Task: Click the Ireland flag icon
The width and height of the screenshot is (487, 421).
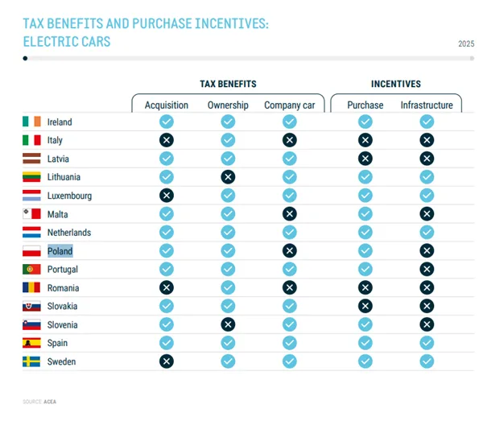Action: (x=31, y=122)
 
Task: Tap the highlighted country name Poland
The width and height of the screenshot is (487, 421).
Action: (x=60, y=251)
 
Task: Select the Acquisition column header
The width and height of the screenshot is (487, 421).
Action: (x=167, y=105)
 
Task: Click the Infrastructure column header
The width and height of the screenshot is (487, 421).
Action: (x=427, y=105)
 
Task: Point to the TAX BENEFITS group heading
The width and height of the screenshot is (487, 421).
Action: (x=229, y=84)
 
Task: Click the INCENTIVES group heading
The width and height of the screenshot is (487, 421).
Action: (x=395, y=84)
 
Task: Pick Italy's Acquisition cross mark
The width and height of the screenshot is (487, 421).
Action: (x=167, y=140)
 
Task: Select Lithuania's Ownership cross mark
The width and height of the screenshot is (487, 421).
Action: (x=228, y=177)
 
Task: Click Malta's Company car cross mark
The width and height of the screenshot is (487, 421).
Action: (x=290, y=213)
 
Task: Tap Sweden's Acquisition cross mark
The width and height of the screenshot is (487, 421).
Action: (x=167, y=361)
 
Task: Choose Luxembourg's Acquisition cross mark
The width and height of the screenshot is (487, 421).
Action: (x=167, y=196)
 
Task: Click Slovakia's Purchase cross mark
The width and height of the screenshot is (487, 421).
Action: (x=365, y=306)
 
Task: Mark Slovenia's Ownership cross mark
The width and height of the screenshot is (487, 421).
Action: (x=228, y=324)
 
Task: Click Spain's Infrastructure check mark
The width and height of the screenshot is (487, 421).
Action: (x=427, y=343)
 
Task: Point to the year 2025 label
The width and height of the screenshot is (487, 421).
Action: (x=466, y=43)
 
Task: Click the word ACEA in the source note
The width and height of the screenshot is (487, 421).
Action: (x=50, y=400)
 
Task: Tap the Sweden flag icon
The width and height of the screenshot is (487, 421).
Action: (x=31, y=361)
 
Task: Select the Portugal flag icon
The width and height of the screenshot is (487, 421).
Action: (x=31, y=270)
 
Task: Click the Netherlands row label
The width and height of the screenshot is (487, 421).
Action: (x=68, y=233)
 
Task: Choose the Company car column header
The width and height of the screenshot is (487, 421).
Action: (x=290, y=105)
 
